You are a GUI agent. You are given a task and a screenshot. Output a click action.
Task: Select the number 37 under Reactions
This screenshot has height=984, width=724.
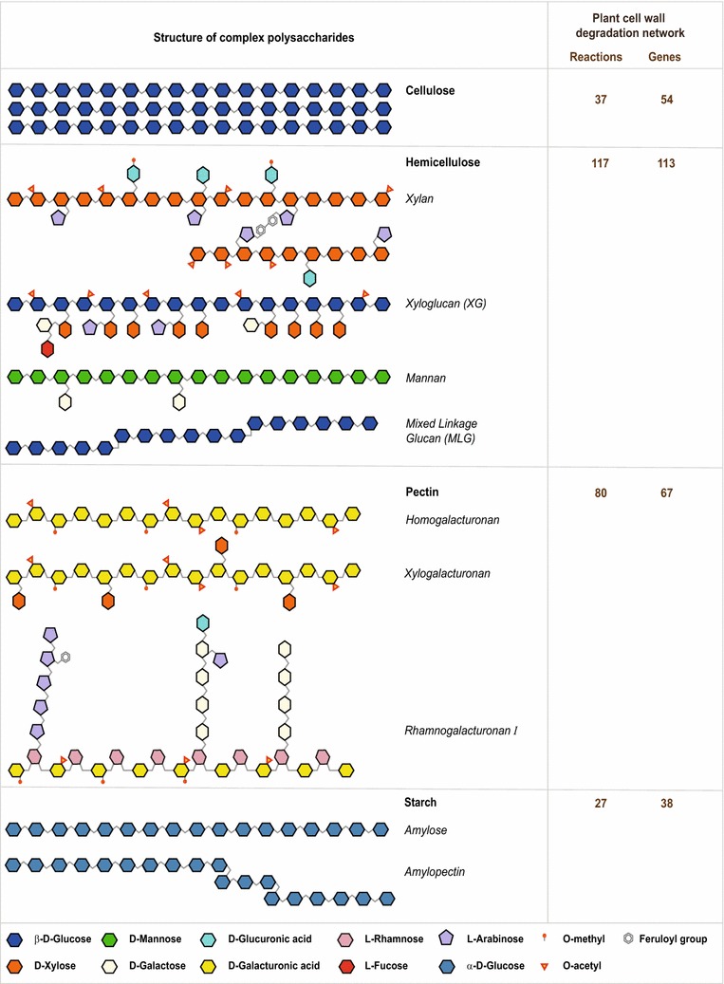pyautogui.click(x=601, y=100)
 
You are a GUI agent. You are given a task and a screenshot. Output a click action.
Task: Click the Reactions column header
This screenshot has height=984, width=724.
pyautogui.click(x=596, y=57)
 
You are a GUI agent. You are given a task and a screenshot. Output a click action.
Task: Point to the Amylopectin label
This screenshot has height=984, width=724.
pyautogui.click(x=431, y=870)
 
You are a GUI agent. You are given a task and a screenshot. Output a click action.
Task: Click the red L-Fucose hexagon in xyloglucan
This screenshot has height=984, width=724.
pyautogui.click(x=47, y=348)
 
